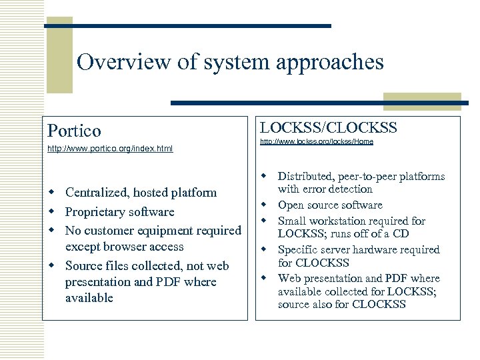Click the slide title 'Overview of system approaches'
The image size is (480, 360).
(x=230, y=62)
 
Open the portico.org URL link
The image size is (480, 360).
(x=110, y=149)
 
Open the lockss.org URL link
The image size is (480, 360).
(x=316, y=141)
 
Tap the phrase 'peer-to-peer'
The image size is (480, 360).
(x=371, y=177)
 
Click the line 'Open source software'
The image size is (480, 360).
(x=329, y=205)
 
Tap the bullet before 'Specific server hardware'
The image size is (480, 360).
(x=265, y=249)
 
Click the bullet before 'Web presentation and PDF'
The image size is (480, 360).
(x=265, y=278)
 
